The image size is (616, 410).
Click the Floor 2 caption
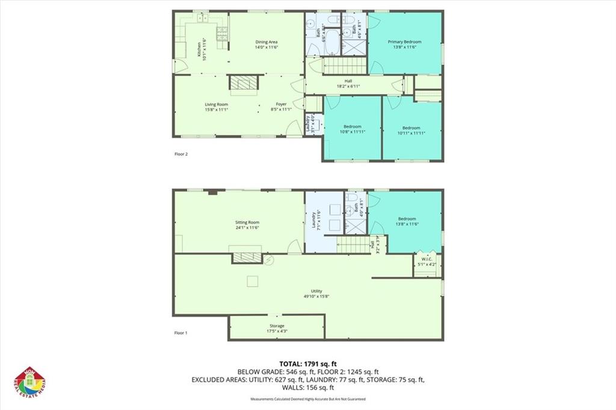181,154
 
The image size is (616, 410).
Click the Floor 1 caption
181,332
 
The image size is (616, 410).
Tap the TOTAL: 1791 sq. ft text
308,364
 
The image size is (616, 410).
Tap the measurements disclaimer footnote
308,399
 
